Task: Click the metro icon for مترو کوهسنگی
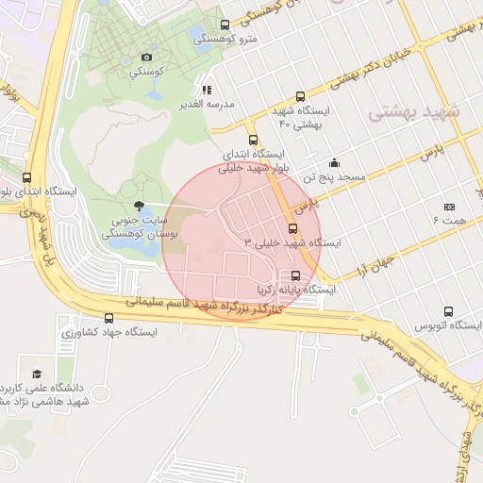point(224,25)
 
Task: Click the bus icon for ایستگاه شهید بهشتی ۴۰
point(301,96)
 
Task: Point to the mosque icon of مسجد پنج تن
point(334,161)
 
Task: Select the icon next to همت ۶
point(449,207)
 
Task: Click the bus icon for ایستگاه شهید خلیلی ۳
point(292,228)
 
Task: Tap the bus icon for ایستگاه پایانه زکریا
point(297,276)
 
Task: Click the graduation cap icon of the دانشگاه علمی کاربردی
point(36,374)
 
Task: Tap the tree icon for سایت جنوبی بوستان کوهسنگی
point(140,206)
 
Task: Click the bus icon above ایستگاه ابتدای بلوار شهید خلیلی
point(252,140)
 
